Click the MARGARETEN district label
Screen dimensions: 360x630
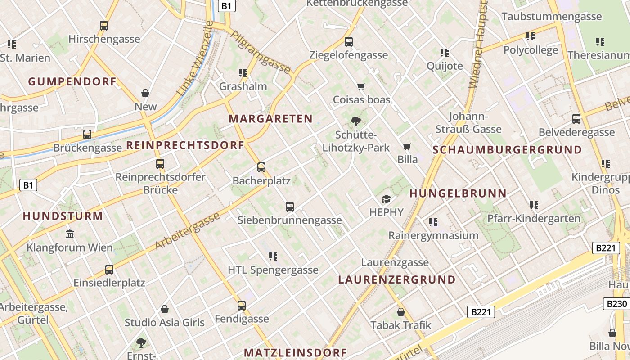click(x=270, y=119)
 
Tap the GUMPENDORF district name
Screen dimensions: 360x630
click(x=72, y=82)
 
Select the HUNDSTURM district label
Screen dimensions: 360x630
click(x=63, y=216)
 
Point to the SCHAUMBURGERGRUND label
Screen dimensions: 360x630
click(x=507, y=150)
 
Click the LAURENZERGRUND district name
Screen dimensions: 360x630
click(x=397, y=279)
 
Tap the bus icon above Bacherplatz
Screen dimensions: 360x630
click(x=261, y=167)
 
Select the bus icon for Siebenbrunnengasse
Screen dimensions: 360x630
click(x=290, y=207)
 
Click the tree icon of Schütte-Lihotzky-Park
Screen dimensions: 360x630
click(x=356, y=121)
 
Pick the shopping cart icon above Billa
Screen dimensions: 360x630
click(x=407, y=146)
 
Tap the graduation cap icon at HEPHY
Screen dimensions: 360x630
click(x=386, y=199)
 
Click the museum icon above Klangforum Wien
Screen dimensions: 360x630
click(x=70, y=234)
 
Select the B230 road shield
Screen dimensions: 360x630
click(x=616, y=304)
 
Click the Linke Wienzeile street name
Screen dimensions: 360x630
click(x=195, y=58)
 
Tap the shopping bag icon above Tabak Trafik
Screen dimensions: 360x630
click(x=401, y=311)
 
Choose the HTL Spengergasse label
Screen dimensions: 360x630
click(x=273, y=270)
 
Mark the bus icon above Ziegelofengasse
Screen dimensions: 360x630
click(x=349, y=42)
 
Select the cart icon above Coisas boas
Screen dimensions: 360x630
click(x=361, y=86)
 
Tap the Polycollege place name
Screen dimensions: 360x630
click(x=531, y=50)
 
